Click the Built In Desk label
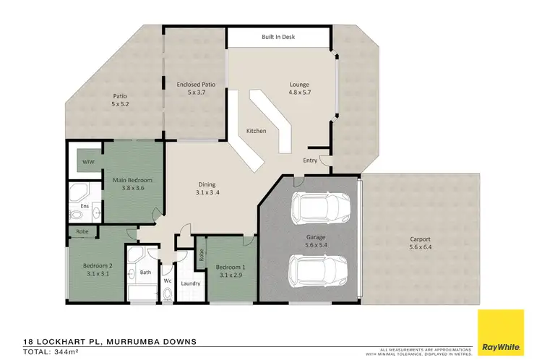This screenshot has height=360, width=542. (x=278, y=37)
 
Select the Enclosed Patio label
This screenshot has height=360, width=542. (x=196, y=85)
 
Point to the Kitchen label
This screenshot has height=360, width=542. (x=257, y=132)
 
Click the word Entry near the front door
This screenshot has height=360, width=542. (x=310, y=160)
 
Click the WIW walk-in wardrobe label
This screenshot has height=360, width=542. (x=87, y=161)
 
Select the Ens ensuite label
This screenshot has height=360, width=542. (x=85, y=206)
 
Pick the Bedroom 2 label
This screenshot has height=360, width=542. (x=97, y=265)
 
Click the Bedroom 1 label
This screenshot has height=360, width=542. (x=231, y=268)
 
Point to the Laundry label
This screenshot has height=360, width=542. (x=190, y=283)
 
